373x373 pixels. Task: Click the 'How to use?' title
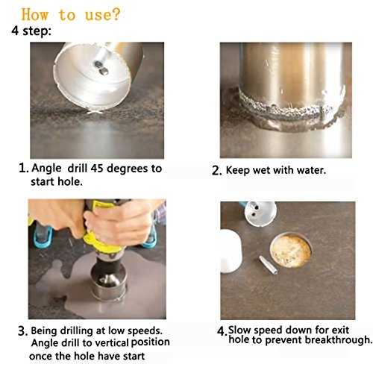click(71, 15)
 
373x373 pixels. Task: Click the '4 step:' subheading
click(31, 31)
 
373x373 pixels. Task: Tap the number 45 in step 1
click(97, 169)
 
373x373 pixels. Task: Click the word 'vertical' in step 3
click(113, 342)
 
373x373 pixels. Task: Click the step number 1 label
click(24, 169)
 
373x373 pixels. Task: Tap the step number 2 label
click(216, 171)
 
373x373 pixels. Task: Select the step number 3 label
click(22, 331)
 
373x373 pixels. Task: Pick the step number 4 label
click(222, 331)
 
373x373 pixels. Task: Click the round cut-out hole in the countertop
click(291, 251)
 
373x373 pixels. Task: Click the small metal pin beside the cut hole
click(268, 265)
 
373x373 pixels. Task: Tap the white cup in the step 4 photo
click(231, 251)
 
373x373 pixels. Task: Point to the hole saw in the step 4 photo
click(259, 213)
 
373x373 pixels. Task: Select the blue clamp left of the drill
click(43, 236)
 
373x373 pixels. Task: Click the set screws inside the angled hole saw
click(101, 68)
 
